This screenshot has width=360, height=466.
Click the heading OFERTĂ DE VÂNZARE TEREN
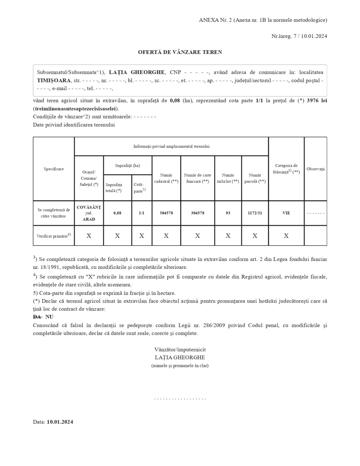coord(180,52)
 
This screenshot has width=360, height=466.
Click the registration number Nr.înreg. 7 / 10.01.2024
coord(299,36)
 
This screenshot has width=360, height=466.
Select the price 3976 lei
coord(317,101)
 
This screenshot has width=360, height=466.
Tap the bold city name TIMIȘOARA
coord(54,81)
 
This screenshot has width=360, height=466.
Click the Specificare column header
coord(54,169)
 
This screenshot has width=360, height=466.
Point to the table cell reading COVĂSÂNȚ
coord(89,207)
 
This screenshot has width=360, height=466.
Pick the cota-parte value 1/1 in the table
coord(142,213)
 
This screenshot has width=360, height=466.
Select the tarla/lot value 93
coord(228,213)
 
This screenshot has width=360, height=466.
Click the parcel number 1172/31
coord(255,213)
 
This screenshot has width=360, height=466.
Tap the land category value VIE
coord(286,213)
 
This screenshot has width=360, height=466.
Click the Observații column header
coord(315,169)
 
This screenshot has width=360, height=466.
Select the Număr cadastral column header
coord(166,178)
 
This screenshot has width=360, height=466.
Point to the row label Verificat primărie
coord(54,236)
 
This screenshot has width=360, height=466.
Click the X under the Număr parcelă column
coord(255,236)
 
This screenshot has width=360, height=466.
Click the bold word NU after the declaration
coord(49,317)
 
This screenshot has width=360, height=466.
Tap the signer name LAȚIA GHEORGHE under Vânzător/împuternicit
coord(180,357)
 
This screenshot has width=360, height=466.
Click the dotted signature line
coord(180,398)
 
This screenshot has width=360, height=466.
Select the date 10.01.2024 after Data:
coord(60,422)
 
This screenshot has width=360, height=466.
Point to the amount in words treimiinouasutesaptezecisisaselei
coord(76,109)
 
